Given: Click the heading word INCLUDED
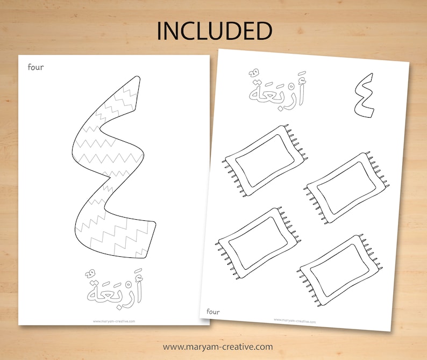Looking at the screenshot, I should pos(214,31).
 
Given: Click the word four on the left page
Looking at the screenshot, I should pos(37,67).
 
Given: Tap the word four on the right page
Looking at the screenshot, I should pos(213,311).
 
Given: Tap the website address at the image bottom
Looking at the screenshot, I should pos(218,347).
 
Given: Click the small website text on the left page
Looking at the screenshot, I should pos(113,321).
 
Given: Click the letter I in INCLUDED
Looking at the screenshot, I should pos(159,31).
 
